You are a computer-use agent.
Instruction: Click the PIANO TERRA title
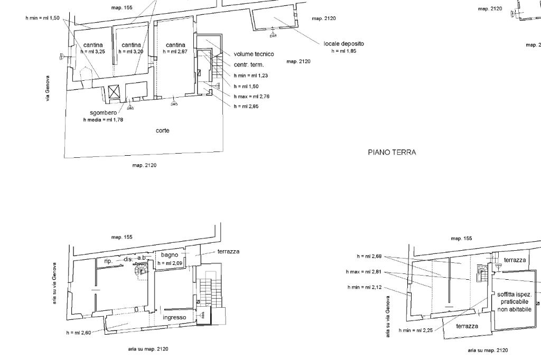(392, 152)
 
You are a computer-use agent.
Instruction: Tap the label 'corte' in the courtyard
(163, 131)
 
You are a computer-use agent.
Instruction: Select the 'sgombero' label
(104, 113)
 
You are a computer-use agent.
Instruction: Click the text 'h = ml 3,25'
(93, 52)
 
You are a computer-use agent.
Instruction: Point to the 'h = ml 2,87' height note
(175, 52)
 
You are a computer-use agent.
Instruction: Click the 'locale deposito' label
(343, 44)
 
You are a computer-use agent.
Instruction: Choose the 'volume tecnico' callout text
(254, 54)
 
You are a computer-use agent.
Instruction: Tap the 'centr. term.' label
(249, 65)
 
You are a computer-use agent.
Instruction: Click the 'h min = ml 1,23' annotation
(251, 75)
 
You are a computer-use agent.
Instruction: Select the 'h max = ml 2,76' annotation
(251, 97)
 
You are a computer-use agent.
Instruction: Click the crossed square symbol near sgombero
(114, 92)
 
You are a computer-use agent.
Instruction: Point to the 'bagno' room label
(170, 255)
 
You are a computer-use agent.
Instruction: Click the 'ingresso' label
(174, 318)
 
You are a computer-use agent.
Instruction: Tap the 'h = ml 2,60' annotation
(79, 333)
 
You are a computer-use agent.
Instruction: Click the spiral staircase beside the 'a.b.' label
(142, 269)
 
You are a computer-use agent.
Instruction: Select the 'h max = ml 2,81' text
(363, 272)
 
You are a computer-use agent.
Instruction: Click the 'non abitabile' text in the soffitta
(515, 309)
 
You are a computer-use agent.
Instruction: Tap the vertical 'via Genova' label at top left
(48, 88)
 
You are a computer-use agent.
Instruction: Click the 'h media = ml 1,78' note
(103, 120)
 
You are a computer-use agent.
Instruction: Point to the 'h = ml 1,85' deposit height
(344, 51)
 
